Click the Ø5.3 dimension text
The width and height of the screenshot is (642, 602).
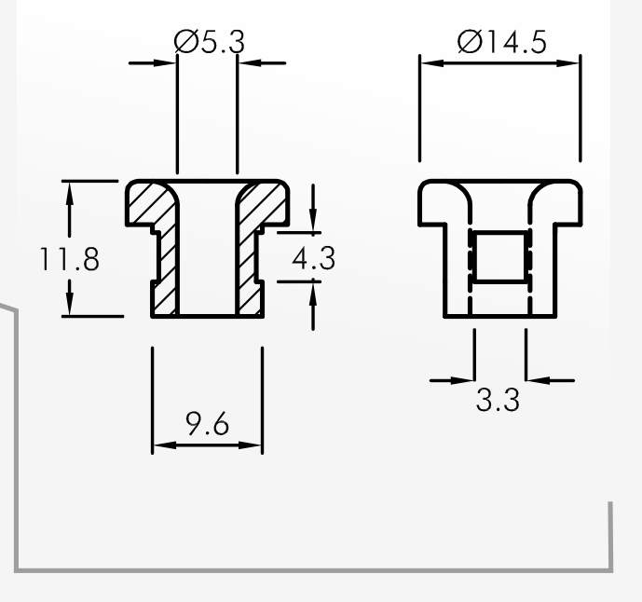tap(210, 41)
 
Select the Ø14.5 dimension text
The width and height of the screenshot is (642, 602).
tap(502, 42)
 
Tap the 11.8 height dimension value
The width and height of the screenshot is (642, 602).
tap(69, 259)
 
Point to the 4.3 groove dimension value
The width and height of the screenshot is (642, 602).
tap(314, 258)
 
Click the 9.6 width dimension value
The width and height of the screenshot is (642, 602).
tap(207, 424)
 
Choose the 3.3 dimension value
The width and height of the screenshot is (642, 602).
tap(498, 400)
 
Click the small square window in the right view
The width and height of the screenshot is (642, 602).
tap(500, 257)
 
